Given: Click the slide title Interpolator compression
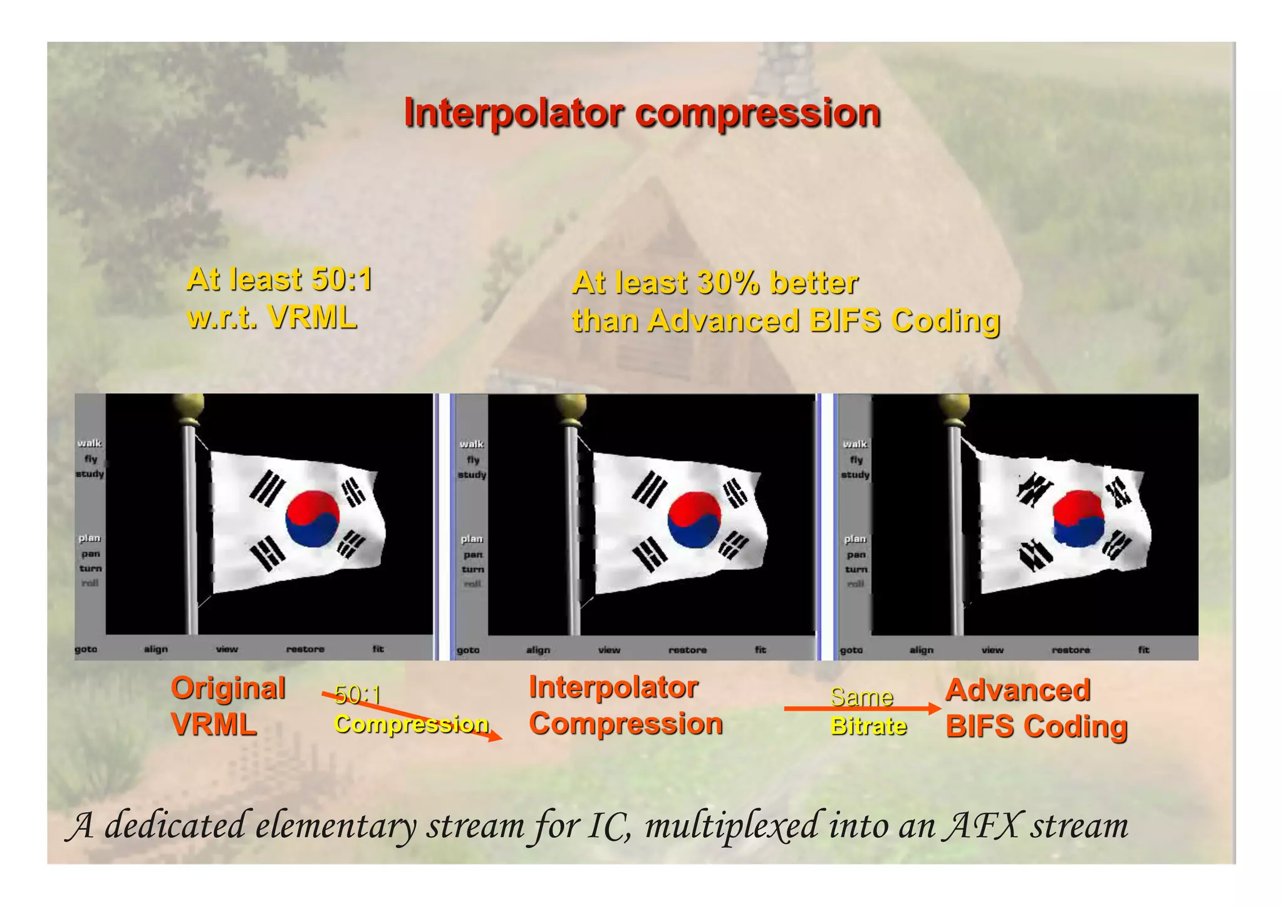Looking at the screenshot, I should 641,113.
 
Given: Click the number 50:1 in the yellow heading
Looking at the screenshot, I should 341,279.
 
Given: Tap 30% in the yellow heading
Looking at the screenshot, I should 727,283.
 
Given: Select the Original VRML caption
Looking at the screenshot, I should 228,706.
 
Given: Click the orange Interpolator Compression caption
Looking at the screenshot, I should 625,706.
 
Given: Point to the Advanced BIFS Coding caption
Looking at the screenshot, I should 1036,708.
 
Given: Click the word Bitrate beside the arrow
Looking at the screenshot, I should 868,726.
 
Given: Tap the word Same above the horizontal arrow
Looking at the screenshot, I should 861,697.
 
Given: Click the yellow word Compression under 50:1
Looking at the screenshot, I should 410,724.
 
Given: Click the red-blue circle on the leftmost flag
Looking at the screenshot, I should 313,519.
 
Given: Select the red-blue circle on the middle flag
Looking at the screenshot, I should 694,520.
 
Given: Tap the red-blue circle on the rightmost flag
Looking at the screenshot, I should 1078,518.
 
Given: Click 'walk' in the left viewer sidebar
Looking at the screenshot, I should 90,443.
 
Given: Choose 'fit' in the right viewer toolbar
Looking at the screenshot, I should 1143,650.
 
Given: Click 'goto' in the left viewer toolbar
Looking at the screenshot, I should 86,649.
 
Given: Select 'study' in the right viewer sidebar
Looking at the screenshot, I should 855,475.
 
